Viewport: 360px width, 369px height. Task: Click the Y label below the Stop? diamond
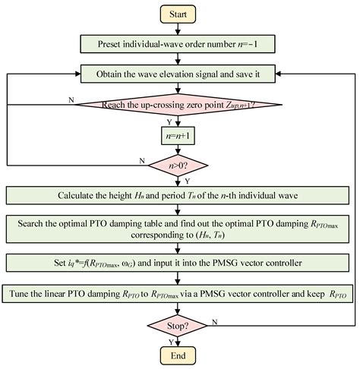tap(188, 342)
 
